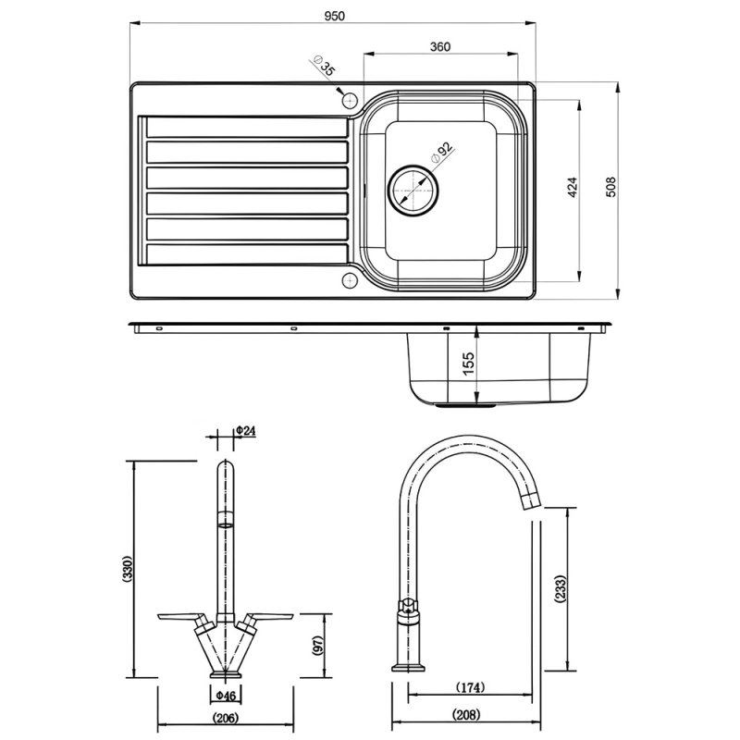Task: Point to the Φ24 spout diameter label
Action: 245,430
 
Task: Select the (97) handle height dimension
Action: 317,646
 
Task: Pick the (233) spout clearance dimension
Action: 560,588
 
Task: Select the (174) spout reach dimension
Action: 471,688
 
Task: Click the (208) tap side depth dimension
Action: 464,715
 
